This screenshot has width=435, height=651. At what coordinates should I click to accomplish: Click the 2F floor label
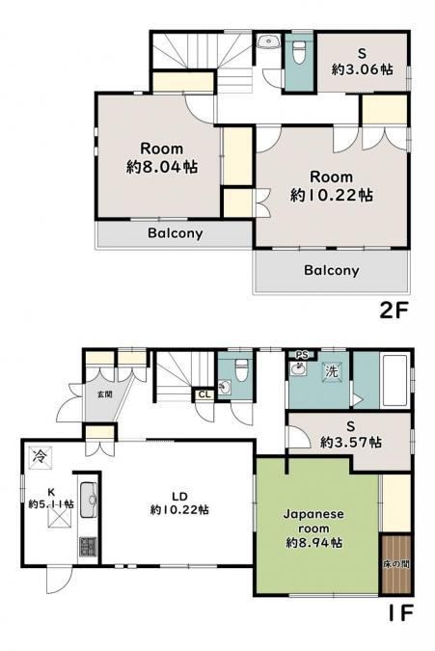(x=394, y=311)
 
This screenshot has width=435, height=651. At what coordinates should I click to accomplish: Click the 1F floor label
(x=400, y=612)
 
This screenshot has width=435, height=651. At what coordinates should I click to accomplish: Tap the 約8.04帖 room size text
(x=162, y=167)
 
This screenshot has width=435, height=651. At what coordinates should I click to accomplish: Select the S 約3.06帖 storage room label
(x=363, y=62)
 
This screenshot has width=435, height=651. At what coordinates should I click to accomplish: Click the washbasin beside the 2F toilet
(x=267, y=41)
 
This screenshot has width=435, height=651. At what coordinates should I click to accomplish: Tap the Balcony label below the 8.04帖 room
(x=176, y=233)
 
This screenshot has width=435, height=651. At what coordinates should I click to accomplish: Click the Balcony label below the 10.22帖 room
(x=331, y=270)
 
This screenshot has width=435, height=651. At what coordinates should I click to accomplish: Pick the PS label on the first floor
(x=302, y=355)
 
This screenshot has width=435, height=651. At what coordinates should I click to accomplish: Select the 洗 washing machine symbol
(x=332, y=370)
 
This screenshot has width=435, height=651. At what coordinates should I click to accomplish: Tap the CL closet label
(x=204, y=394)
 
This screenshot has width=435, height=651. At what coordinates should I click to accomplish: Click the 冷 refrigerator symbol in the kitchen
(x=41, y=457)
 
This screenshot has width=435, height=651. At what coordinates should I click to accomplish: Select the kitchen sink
(x=89, y=500)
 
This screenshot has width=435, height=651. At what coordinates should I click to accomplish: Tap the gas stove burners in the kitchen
(x=89, y=547)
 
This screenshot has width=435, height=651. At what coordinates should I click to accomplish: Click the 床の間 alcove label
(x=396, y=564)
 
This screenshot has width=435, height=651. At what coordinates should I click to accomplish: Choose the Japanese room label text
(x=313, y=521)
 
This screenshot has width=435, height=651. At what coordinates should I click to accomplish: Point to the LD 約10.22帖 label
(x=179, y=502)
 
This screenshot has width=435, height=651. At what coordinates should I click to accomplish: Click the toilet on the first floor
(x=241, y=370)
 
